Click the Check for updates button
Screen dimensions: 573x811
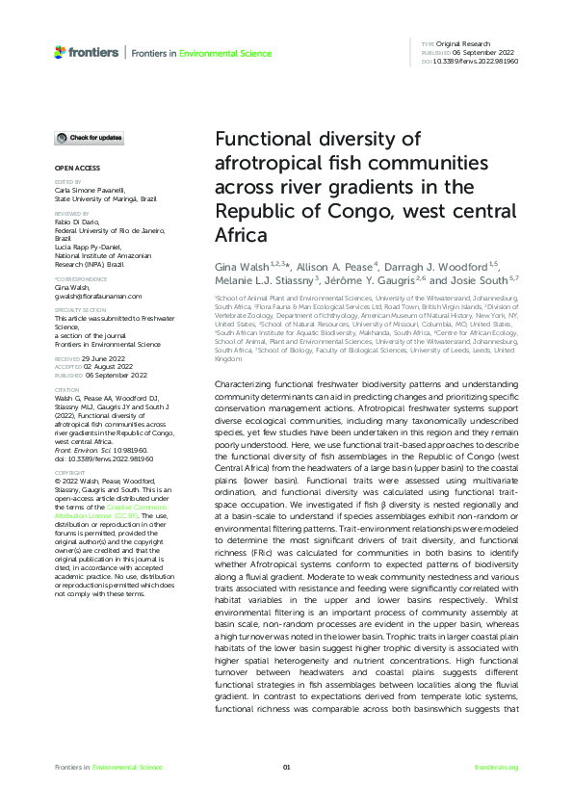tap(89, 138)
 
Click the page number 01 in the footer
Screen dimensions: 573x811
tap(286, 767)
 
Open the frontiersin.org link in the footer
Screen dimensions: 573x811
tap(497, 767)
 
